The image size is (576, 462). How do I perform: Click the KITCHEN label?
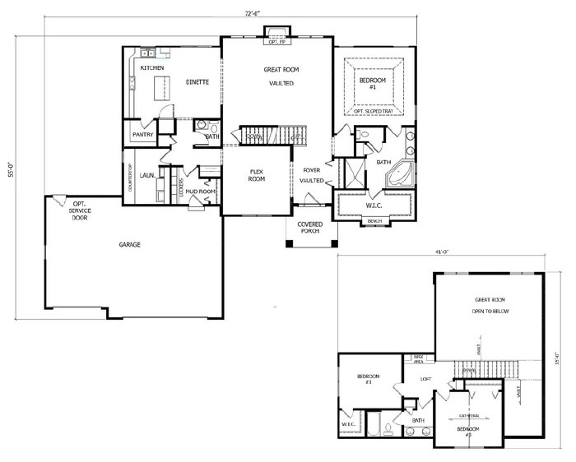(x=151, y=67)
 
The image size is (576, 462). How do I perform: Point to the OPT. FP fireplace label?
(x=275, y=40)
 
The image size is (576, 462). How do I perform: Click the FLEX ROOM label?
(x=256, y=175)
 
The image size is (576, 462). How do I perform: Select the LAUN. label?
(x=149, y=175)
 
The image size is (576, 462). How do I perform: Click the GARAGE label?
(x=128, y=244)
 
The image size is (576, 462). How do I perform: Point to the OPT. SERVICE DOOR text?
(x=81, y=211)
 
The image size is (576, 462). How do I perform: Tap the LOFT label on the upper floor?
(x=426, y=379)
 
